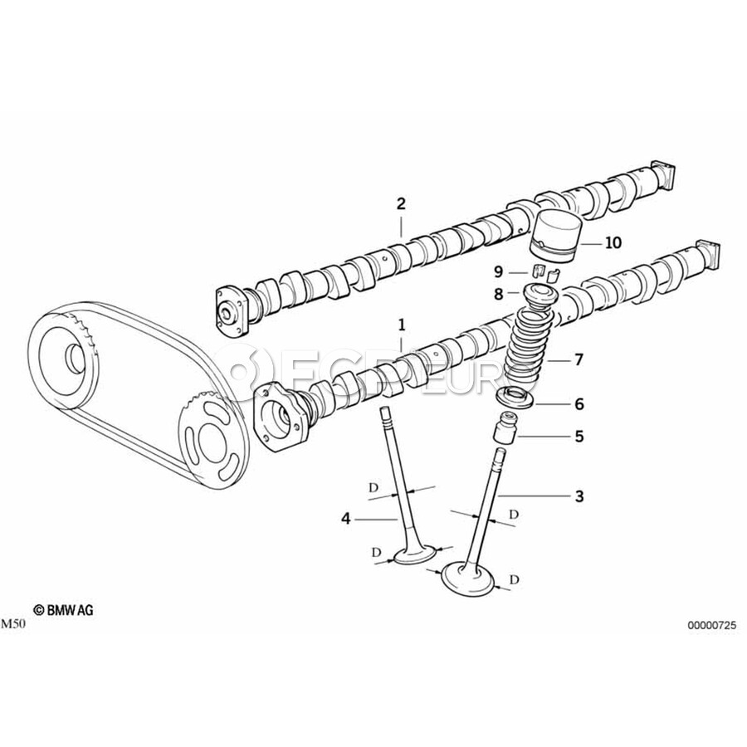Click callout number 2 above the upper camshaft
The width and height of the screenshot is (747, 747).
click(401, 204)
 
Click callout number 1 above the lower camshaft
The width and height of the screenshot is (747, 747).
click(402, 325)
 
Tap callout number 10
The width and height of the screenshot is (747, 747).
click(613, 243)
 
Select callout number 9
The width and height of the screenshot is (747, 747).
click(498, 272)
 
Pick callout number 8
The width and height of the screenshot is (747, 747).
click(498, 294)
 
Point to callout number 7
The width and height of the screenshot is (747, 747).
click(579, 359)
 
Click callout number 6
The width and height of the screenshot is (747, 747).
click(579, 404)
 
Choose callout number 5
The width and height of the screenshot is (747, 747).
click(579, 436)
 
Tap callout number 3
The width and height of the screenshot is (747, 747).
click(579, 496)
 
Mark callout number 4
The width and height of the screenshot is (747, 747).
click(346, 518)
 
